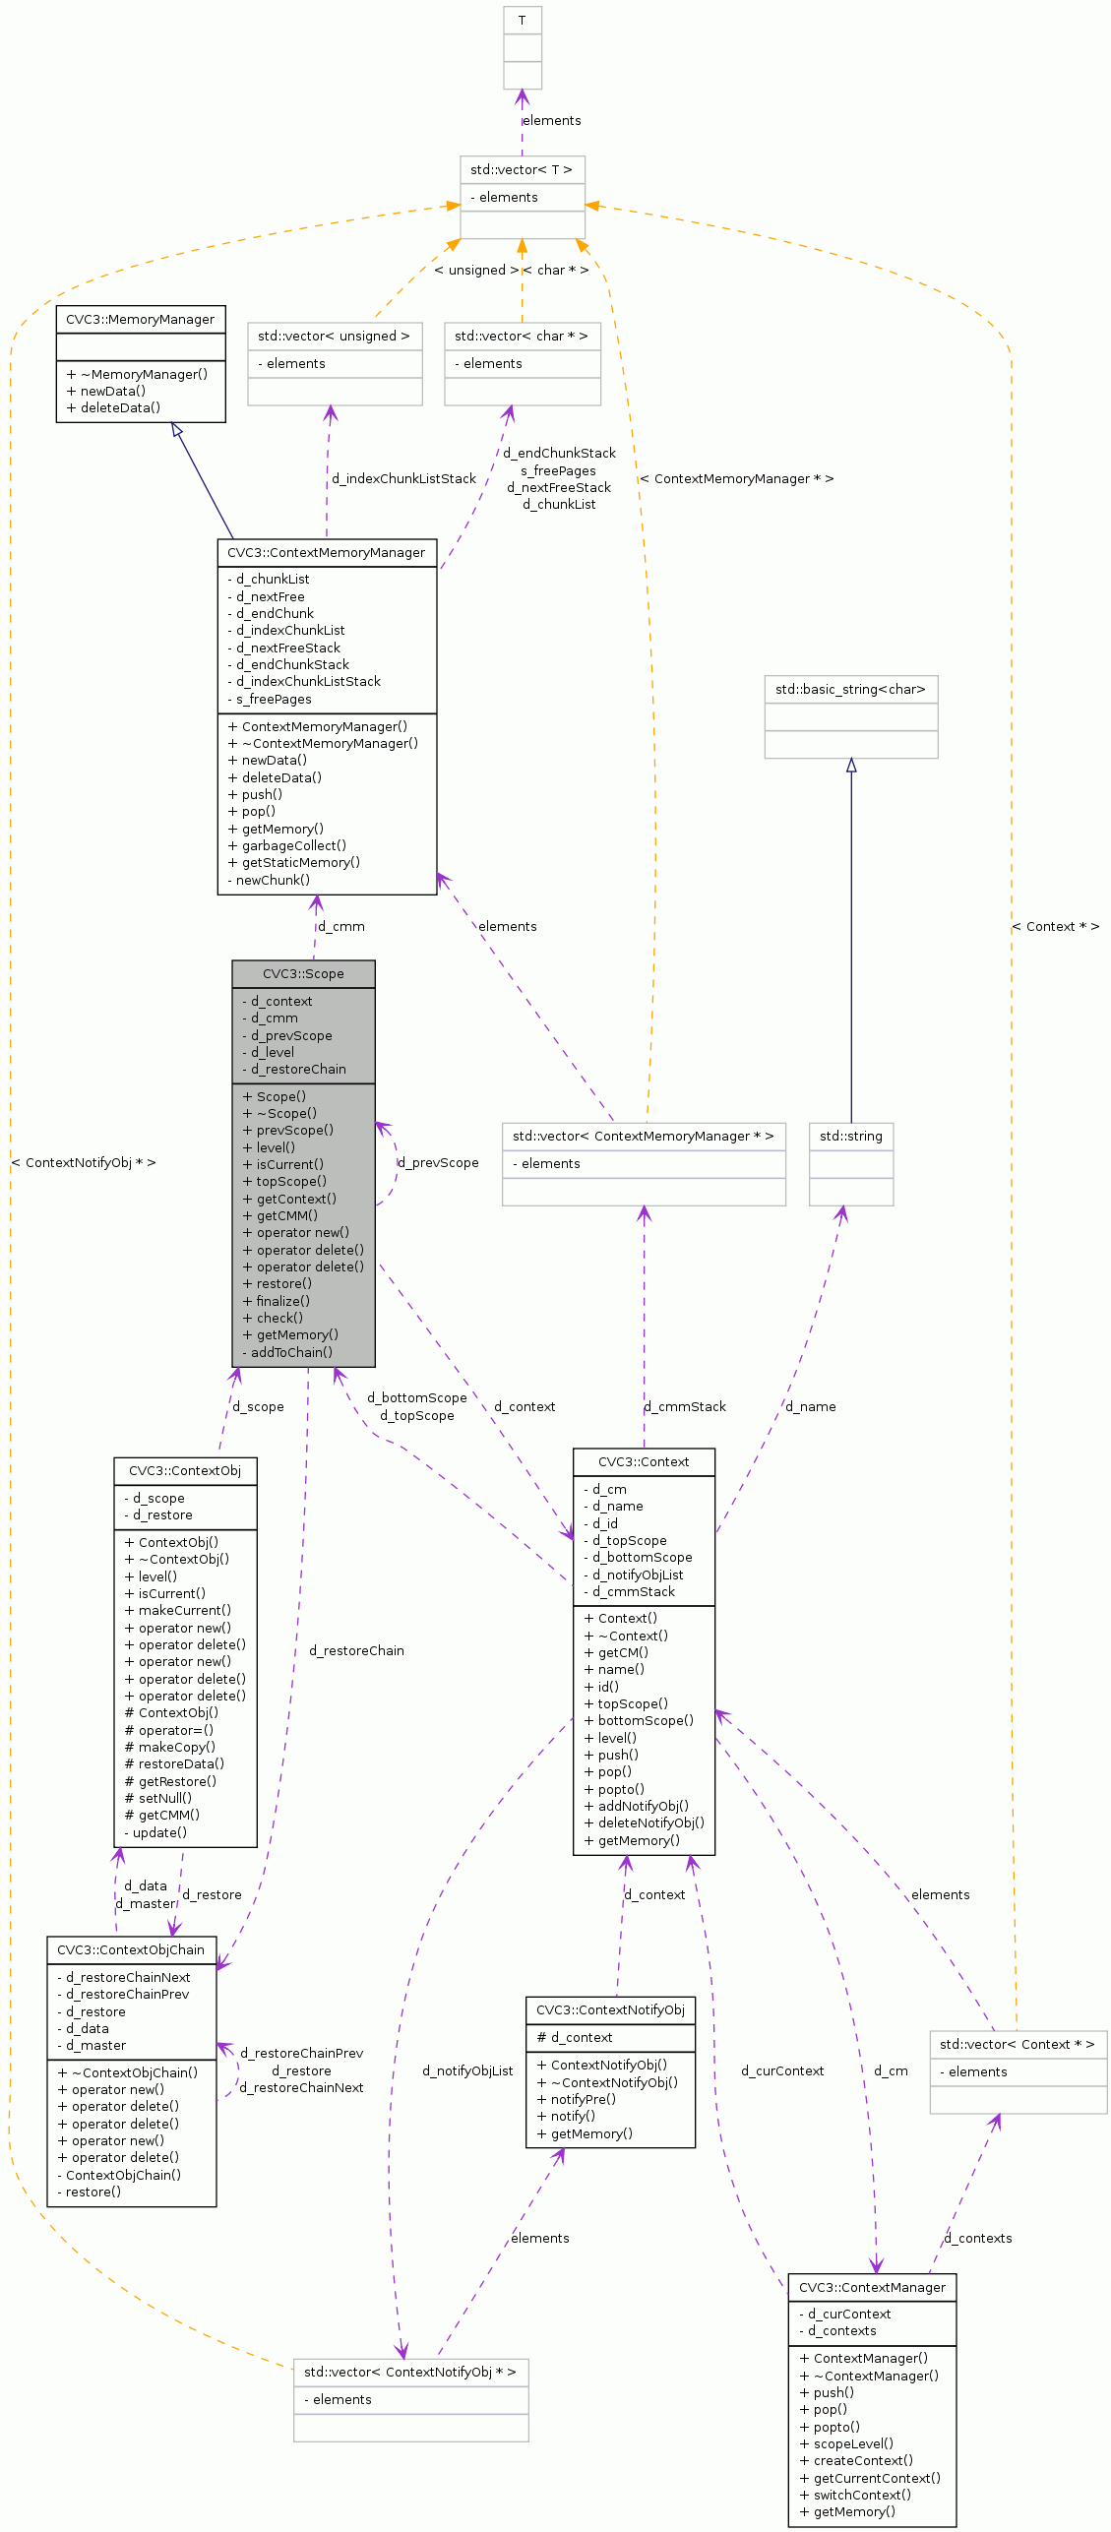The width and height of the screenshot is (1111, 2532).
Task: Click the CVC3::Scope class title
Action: pos(303,973)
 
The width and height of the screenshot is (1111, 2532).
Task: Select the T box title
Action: pos(522,21)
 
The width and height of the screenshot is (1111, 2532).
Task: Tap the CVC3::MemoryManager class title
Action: pos(140,319)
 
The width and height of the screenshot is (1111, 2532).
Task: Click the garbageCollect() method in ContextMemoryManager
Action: pos(293,845)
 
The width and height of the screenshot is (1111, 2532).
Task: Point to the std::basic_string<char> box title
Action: pos(850,689)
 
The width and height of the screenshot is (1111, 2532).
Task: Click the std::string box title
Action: pos(850,1136)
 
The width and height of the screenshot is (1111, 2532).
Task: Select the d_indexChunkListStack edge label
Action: pos(403,478)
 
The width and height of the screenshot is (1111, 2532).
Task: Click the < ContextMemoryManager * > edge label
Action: pos(736,478)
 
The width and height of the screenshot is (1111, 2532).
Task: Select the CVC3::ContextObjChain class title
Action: pos(131,1949)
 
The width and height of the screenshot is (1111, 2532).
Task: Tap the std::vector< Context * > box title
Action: pos(1017,2044)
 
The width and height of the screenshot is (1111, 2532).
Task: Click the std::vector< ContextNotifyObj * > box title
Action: pos(409,2372)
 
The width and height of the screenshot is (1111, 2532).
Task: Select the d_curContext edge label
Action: pos(782,2070)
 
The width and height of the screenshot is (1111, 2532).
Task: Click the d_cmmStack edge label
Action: pos(685,1406)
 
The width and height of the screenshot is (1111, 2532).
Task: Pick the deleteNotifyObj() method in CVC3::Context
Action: pos(650,1822)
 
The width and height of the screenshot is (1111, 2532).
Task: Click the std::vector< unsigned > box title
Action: pos(334,336)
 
